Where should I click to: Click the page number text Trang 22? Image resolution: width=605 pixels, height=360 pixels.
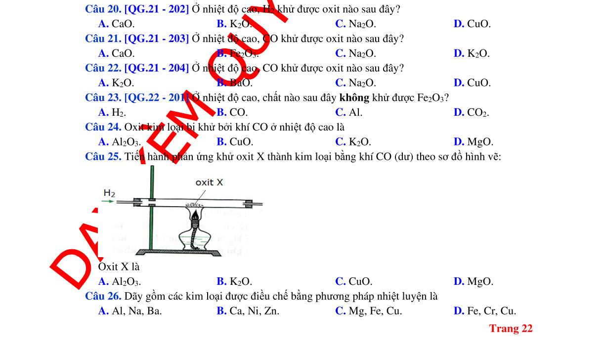pyautogui.click(x=511, y=329)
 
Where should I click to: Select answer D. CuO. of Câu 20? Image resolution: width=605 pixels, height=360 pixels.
pyautogui.click(x=472, y=24)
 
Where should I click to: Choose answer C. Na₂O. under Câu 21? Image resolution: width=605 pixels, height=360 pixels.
pyautogui.click(x=355, y=53)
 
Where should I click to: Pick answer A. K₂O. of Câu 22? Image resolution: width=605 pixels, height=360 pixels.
pyautogui.click(x=116, y=83)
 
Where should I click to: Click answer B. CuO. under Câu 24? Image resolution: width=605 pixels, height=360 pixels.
pyautogui.click(x=235, y=142)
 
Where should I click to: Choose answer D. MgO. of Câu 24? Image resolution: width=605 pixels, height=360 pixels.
pyautogui.click(x=473, y=142)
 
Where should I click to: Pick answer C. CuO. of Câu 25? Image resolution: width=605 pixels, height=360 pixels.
pyautogui.click(x=354, y=282)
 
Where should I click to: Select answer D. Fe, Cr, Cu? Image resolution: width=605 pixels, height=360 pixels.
pyautogui.click(x=484, y=311)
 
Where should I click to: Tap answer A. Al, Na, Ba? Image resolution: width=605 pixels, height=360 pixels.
pyautogui.click(x=130, y=311)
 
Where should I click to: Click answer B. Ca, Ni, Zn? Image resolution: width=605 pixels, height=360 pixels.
pyautogui.click(x=248, y=311)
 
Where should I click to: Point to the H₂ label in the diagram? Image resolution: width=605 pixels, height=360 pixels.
pyautogui.click(x=109, y=193)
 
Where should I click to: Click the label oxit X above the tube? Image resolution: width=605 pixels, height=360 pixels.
pyautogui.click(x=209, y=182)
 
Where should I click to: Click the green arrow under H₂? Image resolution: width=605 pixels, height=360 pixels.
pyautogui.click(x=108, y=202)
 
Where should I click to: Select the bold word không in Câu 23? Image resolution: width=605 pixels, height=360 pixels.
pyautogui.click(x=354, y=98)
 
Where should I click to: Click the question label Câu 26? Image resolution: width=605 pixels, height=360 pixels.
pyautogui.click(x=103, y=297)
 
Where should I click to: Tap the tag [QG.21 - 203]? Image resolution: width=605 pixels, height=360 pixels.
pyautogui.click(x=157, y=39)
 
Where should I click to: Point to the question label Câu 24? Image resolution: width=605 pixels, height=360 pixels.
pyautogui.click(x=103, y=128)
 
